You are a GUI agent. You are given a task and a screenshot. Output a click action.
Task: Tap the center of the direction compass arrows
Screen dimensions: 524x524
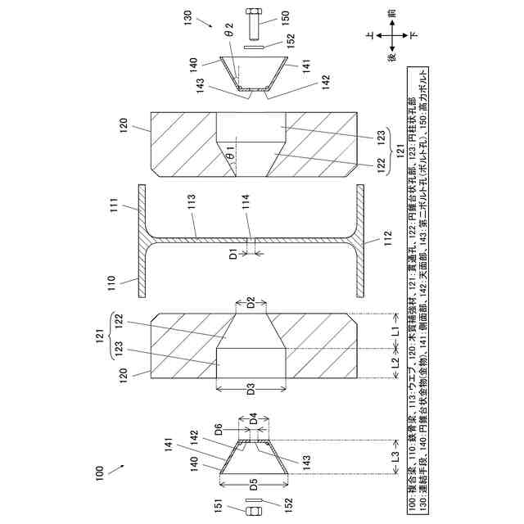coord(392,37)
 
